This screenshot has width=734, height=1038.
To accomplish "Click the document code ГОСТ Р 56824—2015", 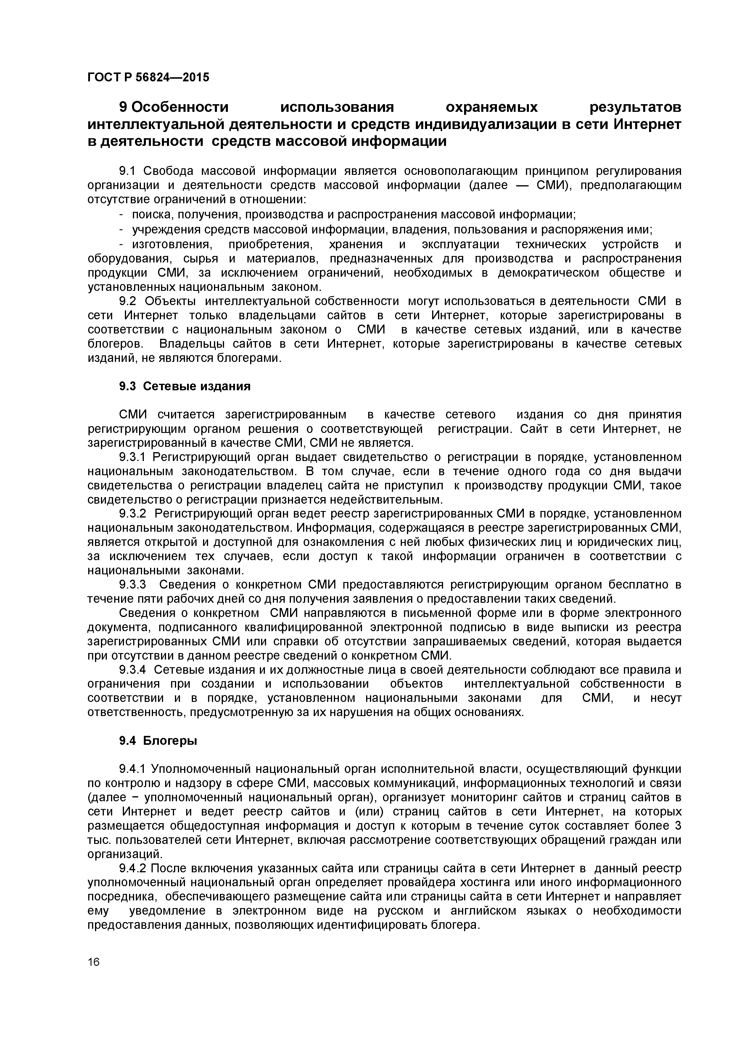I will click(148, 77).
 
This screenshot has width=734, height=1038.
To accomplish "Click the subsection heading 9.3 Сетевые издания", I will click(184, 386).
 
